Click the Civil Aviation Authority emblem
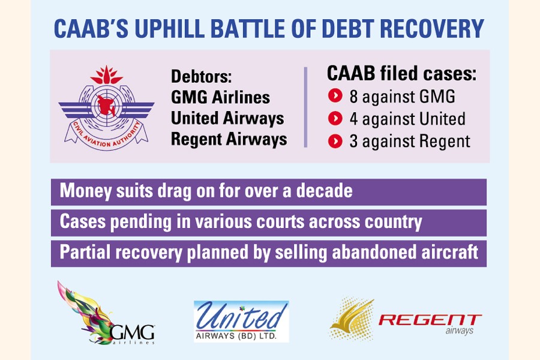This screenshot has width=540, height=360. click(106, 108)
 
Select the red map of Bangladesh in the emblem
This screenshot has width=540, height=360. click(106, 105)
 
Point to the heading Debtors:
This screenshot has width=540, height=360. click(202, 76)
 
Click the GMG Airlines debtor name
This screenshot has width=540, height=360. click(220, 97)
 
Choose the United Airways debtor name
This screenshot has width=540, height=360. click(227, 118)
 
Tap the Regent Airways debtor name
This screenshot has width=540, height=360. click(229, 140)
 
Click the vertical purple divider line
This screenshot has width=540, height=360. click(305, 107)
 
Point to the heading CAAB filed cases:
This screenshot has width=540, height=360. click(401, 73)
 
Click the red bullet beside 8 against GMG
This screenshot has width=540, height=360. click(335, 96)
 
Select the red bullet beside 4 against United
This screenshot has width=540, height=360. click(335, 119)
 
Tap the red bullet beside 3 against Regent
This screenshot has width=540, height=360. click(335, 141)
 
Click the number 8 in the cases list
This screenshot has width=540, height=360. click(353, 97)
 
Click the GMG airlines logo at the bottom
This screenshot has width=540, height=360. click(107, 313)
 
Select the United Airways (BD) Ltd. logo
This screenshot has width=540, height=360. click(241, 322)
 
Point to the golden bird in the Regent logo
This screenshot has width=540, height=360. click(351, 319)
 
